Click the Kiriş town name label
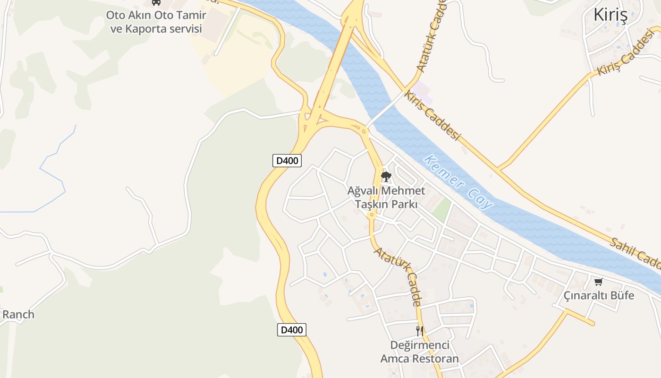610,15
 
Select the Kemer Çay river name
458,182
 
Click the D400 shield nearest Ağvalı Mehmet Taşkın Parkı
287,161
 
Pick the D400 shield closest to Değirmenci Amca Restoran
292,330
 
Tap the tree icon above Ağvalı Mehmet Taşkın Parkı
386,177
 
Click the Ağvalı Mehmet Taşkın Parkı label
386,198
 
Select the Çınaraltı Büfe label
599,296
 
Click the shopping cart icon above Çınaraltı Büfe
599,282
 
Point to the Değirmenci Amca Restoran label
419,352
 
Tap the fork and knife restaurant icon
419,331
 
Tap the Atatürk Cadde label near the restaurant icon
398,276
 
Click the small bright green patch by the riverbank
442,210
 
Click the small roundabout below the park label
372,215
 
